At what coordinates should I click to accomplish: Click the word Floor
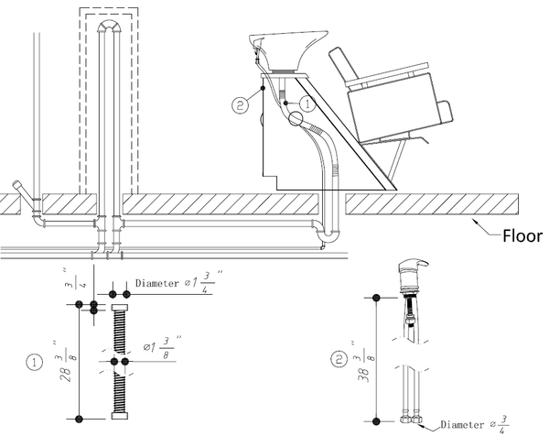click(522, 236)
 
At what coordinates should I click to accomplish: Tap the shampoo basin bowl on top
click(288, 50)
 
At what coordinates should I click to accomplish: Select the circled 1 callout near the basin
click(307, 104)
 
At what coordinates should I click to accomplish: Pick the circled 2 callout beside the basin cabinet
click(240, 104)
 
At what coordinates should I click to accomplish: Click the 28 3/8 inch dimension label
click(67, 361)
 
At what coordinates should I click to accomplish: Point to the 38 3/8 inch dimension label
click(364, 361)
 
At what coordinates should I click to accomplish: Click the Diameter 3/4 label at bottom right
click(474, 424)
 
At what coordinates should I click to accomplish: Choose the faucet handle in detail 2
click(414, 265)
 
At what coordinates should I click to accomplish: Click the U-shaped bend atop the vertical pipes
click(109, 27)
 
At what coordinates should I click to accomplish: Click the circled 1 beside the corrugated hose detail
click(35, 362)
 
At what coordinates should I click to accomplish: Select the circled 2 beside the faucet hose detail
click(339, 360)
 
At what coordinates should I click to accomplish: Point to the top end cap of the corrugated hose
click(119, 308)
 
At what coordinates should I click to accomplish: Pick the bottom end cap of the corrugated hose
click(119, 416)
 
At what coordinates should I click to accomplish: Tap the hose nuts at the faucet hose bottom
click(411, 419)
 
